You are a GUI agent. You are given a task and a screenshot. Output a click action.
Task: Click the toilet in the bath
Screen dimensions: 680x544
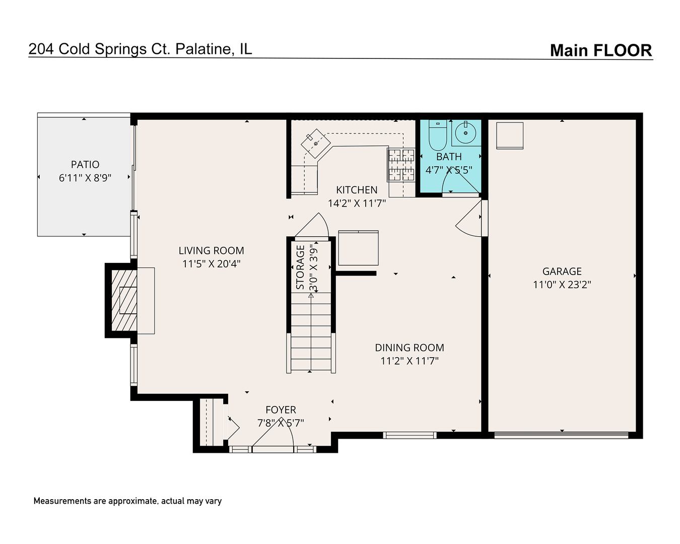click(438, 135)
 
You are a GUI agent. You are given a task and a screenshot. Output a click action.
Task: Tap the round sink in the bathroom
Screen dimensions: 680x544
click(466, 133)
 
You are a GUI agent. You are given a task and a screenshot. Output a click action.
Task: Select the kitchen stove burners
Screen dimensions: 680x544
click(401, 165)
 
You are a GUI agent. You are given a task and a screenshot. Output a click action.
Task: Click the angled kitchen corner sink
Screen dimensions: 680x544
click(315, 144)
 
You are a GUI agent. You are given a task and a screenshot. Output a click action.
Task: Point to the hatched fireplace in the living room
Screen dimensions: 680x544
click(124, 300)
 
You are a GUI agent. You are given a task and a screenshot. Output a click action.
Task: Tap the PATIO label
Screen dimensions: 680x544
click(85, 165)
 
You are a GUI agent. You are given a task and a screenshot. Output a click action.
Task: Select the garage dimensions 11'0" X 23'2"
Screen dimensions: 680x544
click(562, 285)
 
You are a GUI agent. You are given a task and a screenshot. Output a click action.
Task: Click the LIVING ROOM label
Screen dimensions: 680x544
click(211, 251)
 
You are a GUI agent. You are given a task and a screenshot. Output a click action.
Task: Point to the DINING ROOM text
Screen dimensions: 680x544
click(410, 348)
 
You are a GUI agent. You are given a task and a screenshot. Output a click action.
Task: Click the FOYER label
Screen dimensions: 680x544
click(281, 410)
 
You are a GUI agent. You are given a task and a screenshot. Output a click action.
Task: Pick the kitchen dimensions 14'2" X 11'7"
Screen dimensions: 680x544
click(357, 203)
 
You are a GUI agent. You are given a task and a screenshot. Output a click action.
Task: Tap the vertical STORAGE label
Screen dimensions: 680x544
click(300, 267)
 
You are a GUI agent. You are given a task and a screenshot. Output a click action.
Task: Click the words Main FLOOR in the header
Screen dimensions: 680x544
click(601, 50)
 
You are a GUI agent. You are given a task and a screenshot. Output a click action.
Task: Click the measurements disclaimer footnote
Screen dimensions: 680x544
click(127, 501)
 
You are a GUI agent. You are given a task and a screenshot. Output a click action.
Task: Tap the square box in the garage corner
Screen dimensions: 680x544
click(510, 135)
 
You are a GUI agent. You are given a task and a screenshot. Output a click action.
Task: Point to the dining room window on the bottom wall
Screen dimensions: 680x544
click(410, 435)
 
